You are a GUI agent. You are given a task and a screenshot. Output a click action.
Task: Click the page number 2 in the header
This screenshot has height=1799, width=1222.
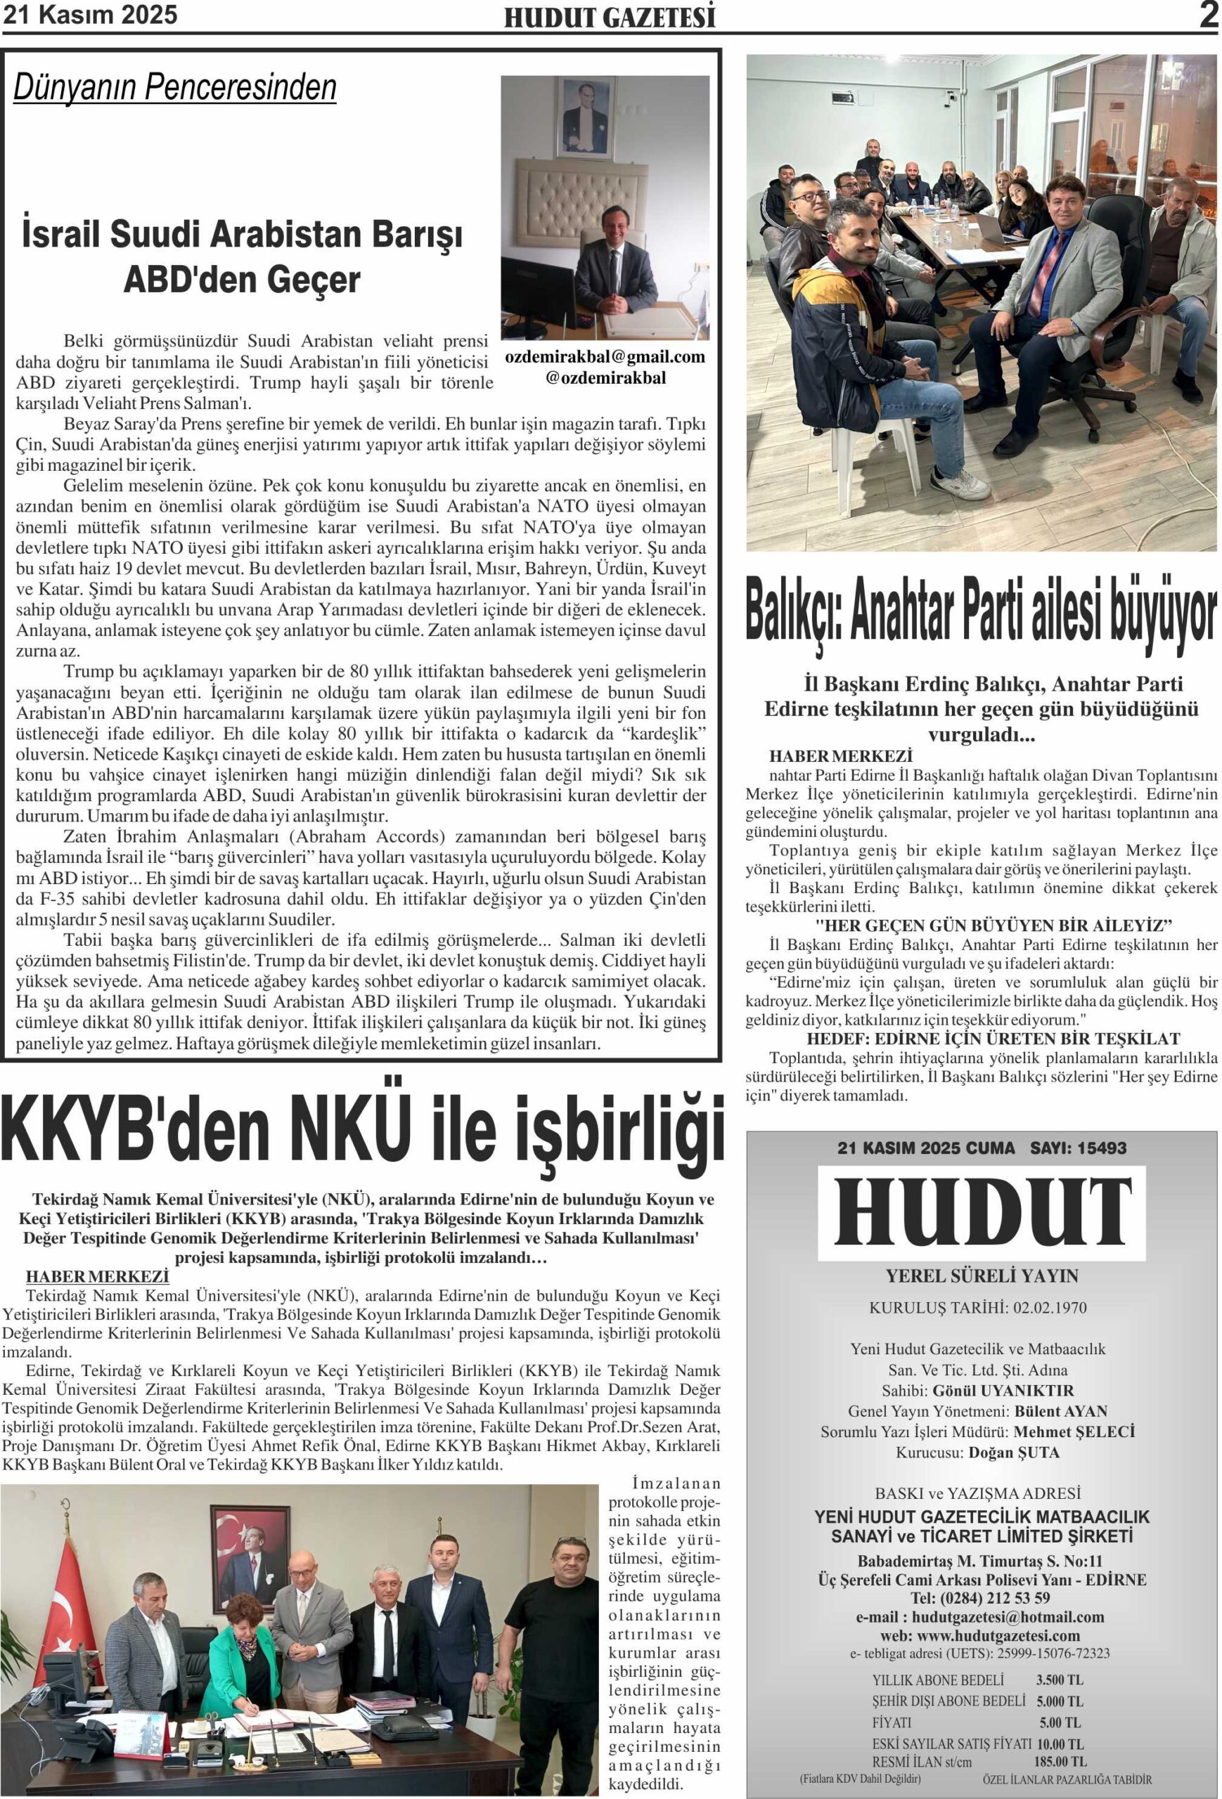pos(1208,15)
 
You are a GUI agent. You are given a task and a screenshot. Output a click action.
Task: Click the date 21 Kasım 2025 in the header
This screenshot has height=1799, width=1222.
pos(90,14)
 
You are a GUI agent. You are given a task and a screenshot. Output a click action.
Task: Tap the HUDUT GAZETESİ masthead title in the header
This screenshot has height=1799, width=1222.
pos(610,18)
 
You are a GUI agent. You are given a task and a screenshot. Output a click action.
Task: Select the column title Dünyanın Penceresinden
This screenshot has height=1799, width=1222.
pos(175,87)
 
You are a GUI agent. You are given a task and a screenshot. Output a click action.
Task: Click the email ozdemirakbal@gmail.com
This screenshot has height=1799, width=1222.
pos(605,357)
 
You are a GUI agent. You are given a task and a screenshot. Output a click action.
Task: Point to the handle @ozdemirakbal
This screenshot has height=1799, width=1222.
pos(605,378)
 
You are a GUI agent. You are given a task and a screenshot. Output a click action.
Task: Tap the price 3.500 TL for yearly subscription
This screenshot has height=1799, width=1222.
pos(1060,1680)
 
